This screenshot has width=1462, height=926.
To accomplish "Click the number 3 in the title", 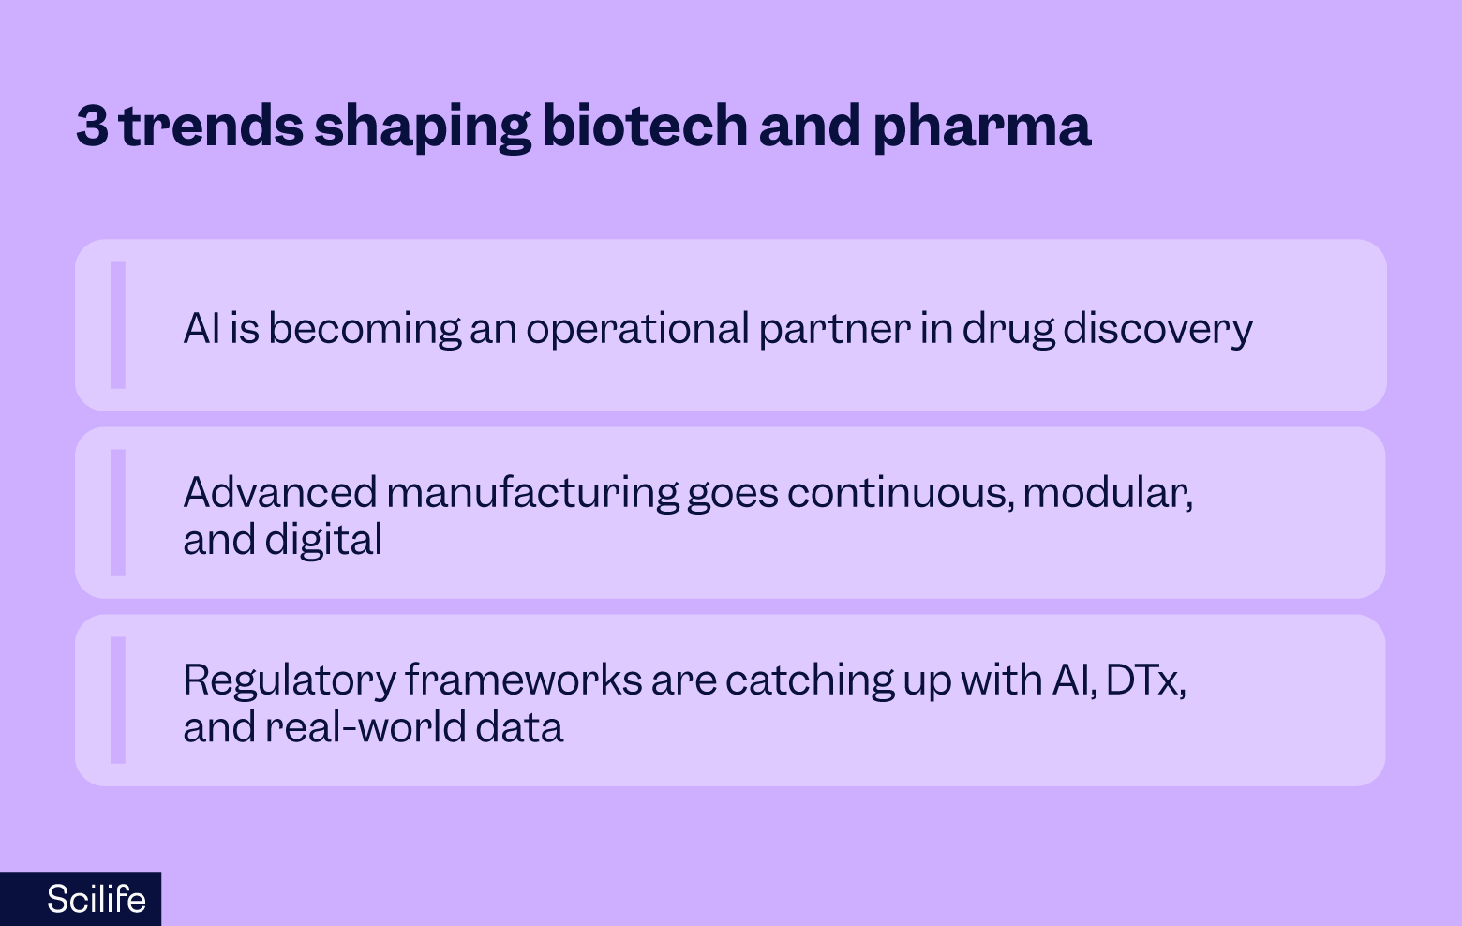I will point(92,126).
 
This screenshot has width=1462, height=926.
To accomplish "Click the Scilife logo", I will point(96,899).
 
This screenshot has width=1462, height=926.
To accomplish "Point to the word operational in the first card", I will point(637,329).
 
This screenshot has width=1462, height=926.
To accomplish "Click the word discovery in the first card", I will point(1157,329).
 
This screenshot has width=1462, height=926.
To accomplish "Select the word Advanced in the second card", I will point(279,492).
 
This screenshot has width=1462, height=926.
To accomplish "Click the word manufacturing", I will point(531,492).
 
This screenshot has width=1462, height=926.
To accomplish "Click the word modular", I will point(1107,492).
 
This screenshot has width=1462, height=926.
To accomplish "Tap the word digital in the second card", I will point(323,540).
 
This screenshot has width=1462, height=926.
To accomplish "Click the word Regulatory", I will point(289,680).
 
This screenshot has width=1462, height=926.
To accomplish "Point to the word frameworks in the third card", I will point(523,680).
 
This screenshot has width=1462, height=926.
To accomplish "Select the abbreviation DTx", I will point(1143,680).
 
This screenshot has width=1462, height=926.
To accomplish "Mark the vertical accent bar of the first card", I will point(118,325).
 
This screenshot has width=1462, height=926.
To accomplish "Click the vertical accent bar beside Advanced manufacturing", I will point(118,513).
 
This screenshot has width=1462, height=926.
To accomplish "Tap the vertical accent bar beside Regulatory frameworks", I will point(118,700).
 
